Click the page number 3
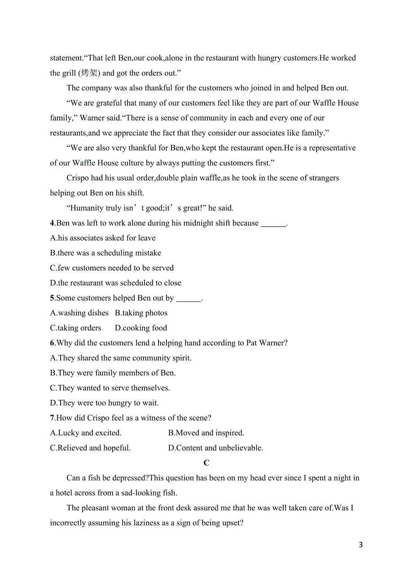pyautogui.click(x=361, y=545)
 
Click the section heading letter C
pyautogui.click(x=206, y=463)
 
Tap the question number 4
pyautogui.click(x=52, y=223)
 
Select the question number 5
pyautogui.click(x=52, y=298)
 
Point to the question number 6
pyautogui.click(x=52, y=343)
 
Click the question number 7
pyautogui.click(x=52, y=418)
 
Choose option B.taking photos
pyautogui.click(x=141, y=313)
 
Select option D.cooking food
pyautogui.click(x=141, y=328)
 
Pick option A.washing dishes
pyautogui.click(x=79, y=313)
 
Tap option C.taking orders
pyautogui.click(x=76, y=328)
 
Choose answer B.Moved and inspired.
pyautogui.click(x=206, y=433)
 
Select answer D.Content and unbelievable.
pyautogui.click(x=215, y=448)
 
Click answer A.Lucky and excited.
pyautogui.click(x=86, y=433)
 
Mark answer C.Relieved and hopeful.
pyautogui.click(x=90, y=448)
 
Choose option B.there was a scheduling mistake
pyautogui.click(x=105, y=253)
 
